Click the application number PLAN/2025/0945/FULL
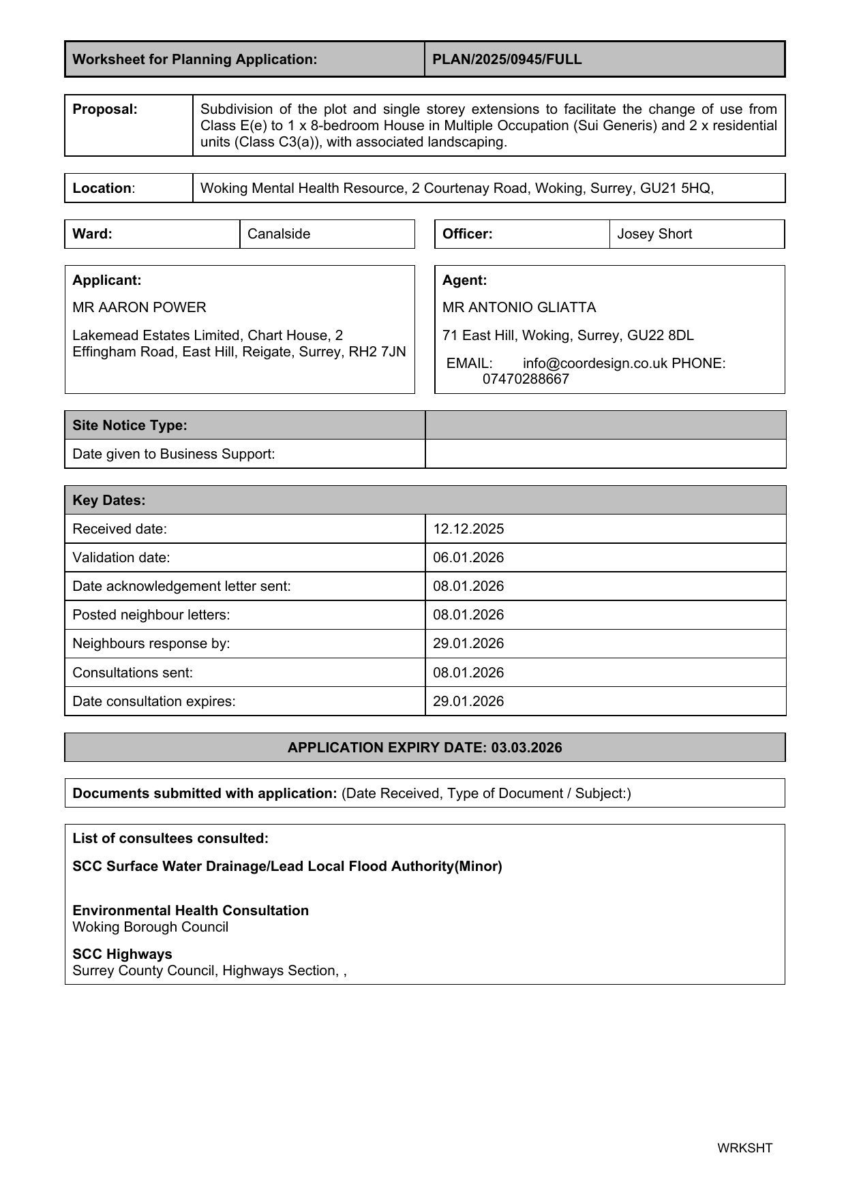(507, 59)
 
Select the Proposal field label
(105, 109)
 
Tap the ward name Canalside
(279, 234)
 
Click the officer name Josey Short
(654, 234)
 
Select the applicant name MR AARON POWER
(139, 307)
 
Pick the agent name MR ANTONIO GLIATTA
(519, 307)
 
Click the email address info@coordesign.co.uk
(594, 363)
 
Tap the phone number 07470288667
(525, 379)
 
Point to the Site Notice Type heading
(130, 425)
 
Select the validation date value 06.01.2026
(468, 557)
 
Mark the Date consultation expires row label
(153, 701)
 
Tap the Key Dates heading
(109, 500)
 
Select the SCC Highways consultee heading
(122, 954)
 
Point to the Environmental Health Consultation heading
(190, 910)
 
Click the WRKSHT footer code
(744, 1148)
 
